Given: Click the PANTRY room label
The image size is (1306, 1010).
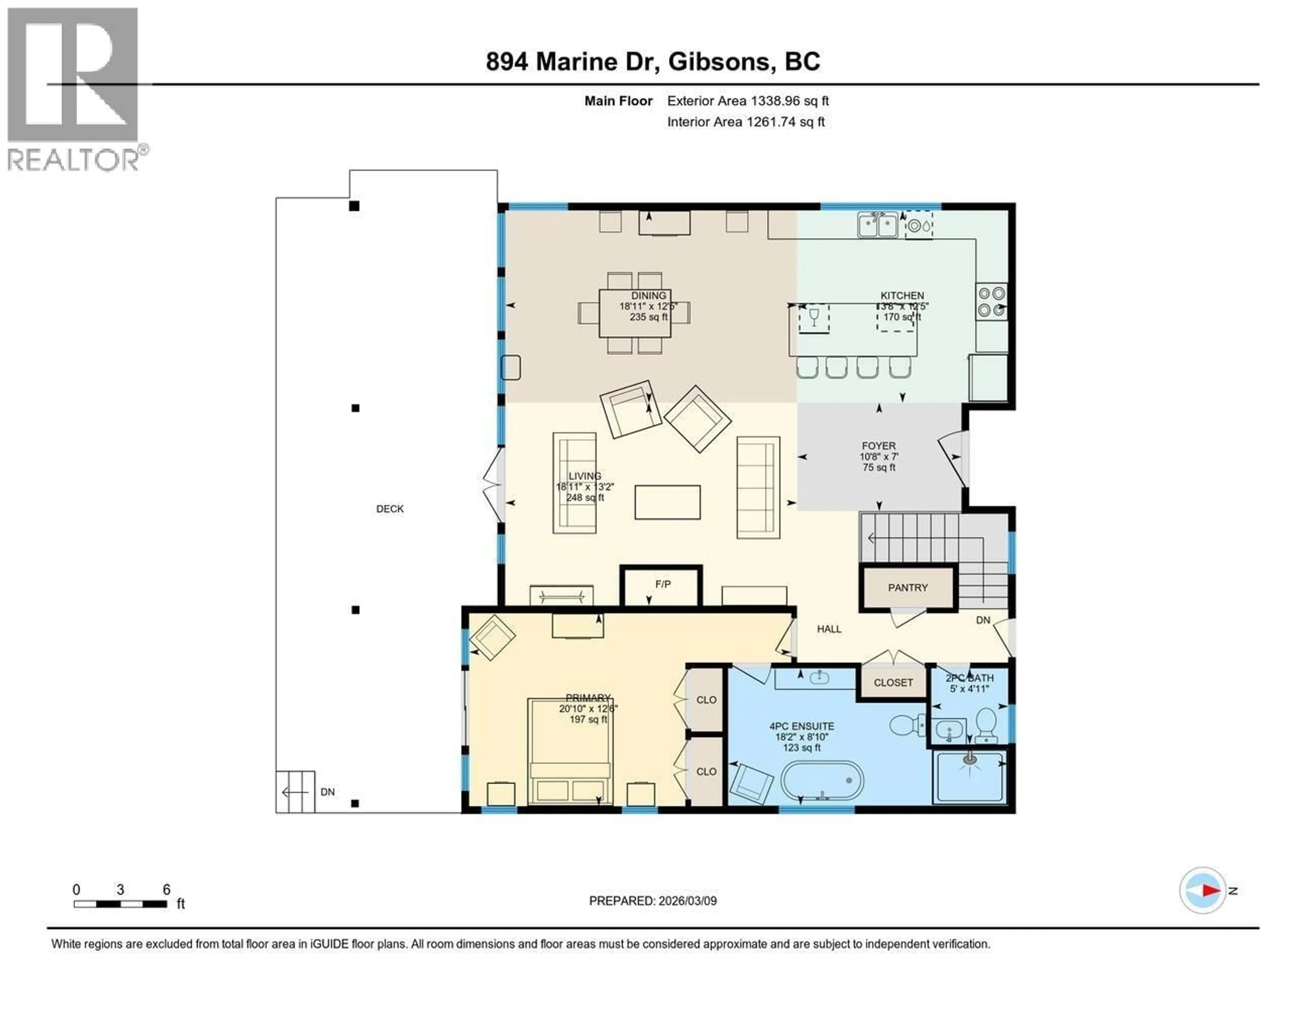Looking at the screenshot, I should pyautogui.click(x=907, y=588).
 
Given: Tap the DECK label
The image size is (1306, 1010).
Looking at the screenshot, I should pyautogui.click(x=390, y=509).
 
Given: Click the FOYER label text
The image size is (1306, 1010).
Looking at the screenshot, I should pyautogui.click(x=878, y=446).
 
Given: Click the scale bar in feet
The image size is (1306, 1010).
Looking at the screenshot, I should pyautogui.click(x=120, y=903).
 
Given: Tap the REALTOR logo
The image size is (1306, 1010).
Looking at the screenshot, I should pyautogui.click(x=73, y=90).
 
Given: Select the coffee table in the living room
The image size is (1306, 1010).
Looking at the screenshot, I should pyautogui.click(x=667, y=502).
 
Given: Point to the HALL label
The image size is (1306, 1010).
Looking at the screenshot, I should pyautogui.click(x=829, y=629).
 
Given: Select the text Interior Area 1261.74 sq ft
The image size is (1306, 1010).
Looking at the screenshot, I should pyautogui.click(x=746, y=122).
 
